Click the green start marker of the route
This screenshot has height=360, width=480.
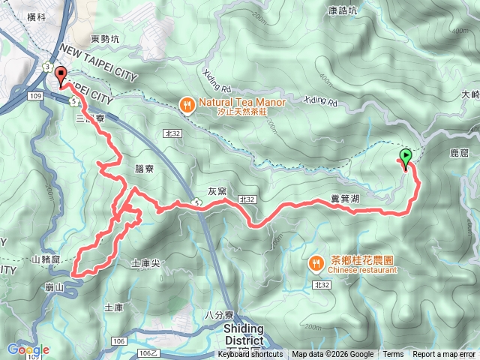(x=406, y=157)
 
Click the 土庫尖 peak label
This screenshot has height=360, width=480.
(x=145, y=263)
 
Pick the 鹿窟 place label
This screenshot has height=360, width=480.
(x=458, y=153)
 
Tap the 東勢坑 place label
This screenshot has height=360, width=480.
(x=105, y=39)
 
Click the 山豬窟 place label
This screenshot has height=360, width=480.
(x=46, y=258)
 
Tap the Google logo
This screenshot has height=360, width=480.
(x=28, y=349)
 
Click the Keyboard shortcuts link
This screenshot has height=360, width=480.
(x=250, y=355)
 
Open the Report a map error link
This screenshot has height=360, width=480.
(x=444, y=355)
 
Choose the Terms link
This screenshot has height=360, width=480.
(x=393, y=355)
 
